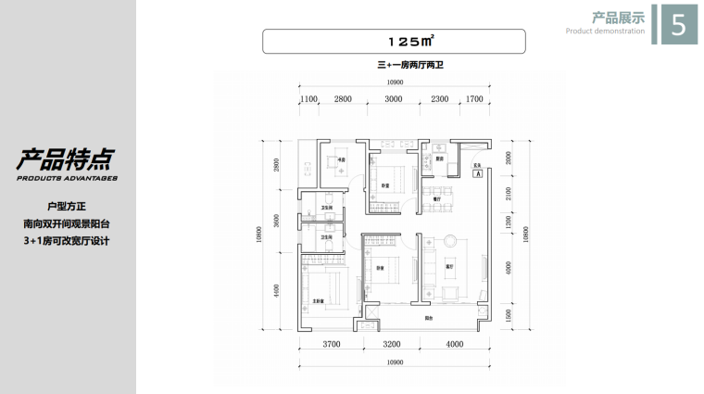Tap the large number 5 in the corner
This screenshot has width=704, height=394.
[x=677, y=26]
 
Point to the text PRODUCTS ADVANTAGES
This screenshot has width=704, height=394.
[x=66, y=176]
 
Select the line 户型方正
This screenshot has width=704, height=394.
[x=66, y=205]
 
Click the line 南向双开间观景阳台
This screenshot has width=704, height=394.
[x=66, y=223]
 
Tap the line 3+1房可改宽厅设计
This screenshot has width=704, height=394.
[x=66, y=242]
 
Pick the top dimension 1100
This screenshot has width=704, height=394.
[x=308, y=97]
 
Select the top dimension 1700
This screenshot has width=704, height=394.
[x=473, y=97]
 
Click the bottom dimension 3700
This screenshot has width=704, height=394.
[x=332, y=344]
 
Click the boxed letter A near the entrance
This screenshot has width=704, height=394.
[x=476, y=172]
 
